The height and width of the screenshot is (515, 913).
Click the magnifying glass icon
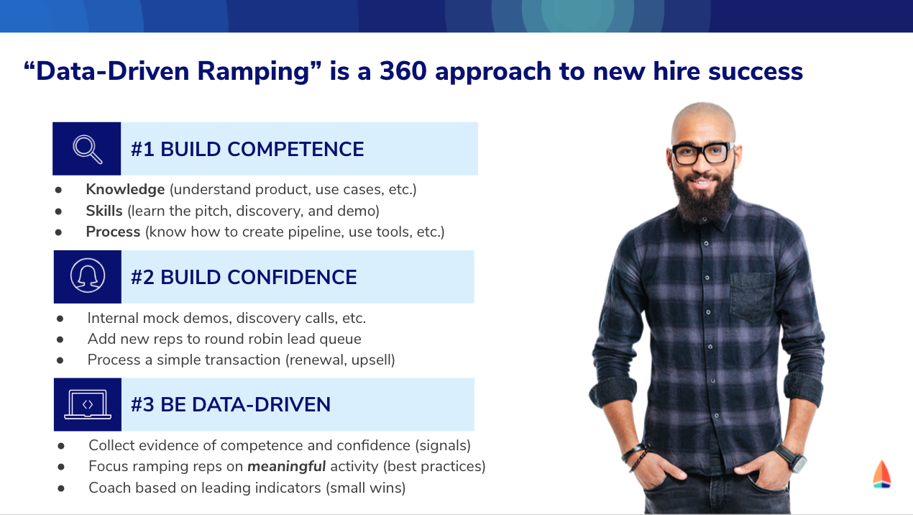(x=87, y=149)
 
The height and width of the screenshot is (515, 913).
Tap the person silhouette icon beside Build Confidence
(x=87, y=275)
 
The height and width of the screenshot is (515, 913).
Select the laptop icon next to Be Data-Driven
(x=88, y=404)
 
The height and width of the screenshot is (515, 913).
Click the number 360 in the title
(x=403, y=71)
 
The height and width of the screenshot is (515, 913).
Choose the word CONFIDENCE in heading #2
(x=292, y=277)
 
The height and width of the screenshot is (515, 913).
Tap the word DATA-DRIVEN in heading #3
(x=261, y=405)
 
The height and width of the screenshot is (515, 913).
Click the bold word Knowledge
(x=125, y=190)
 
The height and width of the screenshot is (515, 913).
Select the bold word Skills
(x=104, y=211)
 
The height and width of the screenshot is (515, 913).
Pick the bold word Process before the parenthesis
(x=113, y=232)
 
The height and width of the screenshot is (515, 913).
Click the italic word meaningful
(x=287, y=467)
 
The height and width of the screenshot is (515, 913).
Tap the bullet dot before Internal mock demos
(x=60, y=319)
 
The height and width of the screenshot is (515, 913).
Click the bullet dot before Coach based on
(x=61, y=488)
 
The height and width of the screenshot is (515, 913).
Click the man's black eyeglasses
(x=702, y=153)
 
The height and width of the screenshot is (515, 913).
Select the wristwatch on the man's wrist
(x=791, y=457)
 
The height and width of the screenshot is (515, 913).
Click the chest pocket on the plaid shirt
(x=752, y=295)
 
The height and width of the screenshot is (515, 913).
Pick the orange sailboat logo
(x=881, y=474)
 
